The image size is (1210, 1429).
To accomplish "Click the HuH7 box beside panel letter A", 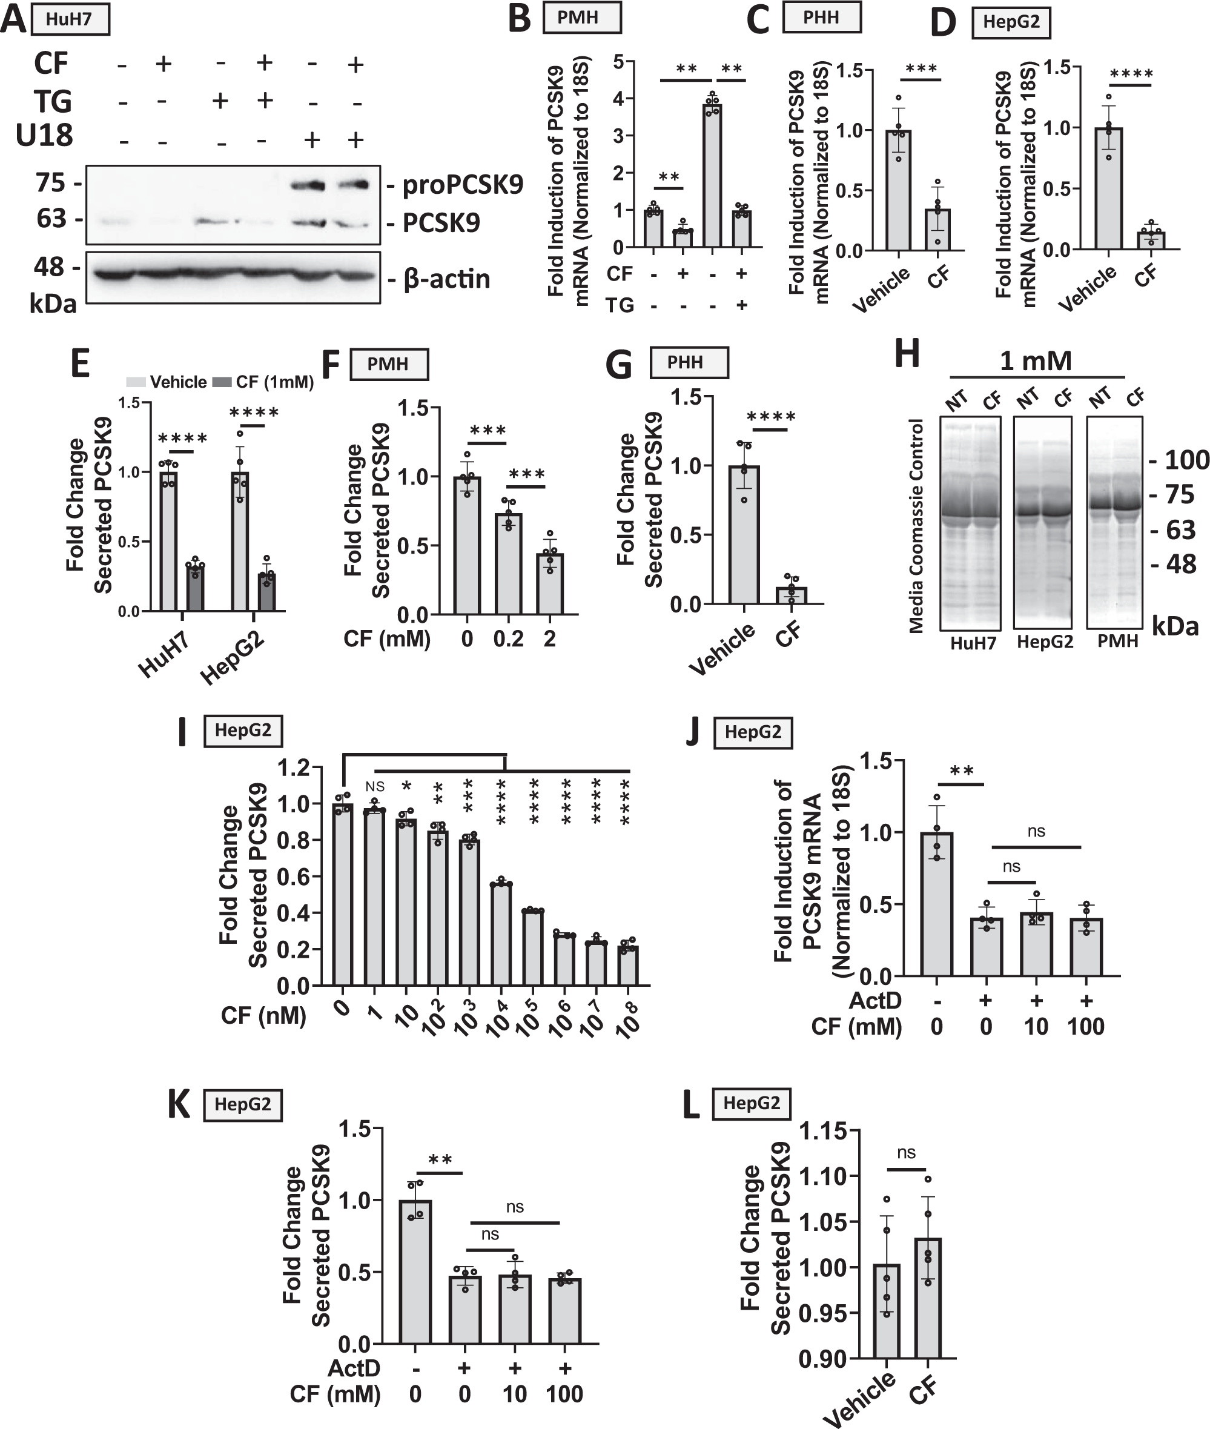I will pyautogui.click(x=69, y=19).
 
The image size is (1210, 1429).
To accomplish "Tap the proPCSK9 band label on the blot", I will pyautogui.click(x=461, y=185).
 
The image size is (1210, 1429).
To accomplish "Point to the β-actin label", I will pyautogui.click(x=446, y=279).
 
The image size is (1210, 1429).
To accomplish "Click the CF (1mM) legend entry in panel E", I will pyautogui.click(x=264, y=382).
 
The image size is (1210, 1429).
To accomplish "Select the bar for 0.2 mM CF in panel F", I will pyautogui.click(x=508, y=563).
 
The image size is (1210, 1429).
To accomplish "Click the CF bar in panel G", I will pyautogui.click(x=792, y=595).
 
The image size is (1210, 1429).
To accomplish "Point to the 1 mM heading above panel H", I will pyautogui.click(x=1035, y=361).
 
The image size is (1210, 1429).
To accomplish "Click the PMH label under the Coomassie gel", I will pyautogui.click(x=1117, y=641).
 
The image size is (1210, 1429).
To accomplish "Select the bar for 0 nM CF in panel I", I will pyautogui.click(x=342, y=895).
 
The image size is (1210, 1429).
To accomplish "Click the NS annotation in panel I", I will pyautogui.click(x=374, y=787).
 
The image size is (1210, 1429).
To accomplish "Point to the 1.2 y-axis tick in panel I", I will pyautogui.click(x=293, y=768).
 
